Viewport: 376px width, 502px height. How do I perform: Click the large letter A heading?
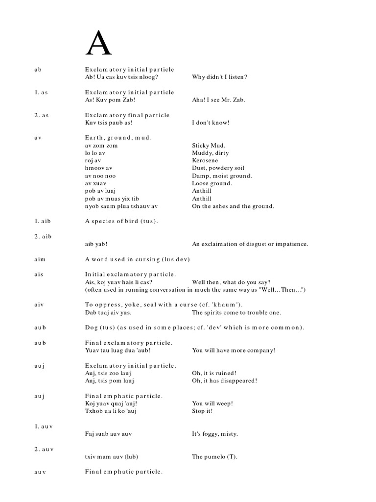tap(98, 45)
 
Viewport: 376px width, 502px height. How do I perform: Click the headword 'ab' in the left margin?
tap(38, 70)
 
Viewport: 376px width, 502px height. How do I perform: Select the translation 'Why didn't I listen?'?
tap(219, 77)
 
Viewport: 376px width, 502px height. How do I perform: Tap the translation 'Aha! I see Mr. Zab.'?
tap(219, 100)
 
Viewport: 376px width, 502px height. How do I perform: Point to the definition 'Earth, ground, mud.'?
tap(118, 138)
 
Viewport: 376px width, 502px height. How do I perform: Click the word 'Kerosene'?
tap(205, 160)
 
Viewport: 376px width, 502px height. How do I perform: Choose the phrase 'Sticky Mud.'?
tap(209, 146)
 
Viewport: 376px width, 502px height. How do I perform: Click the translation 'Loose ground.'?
tap(212, 183)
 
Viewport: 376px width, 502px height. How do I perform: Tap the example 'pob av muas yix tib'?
tap(112, 199)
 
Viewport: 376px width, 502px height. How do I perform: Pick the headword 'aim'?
tap(39, 259)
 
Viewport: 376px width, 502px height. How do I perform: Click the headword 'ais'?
tap(39, 274)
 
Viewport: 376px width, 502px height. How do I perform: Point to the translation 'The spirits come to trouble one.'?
tap(236, 312)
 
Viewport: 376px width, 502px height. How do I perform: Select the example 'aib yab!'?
tap(96, 244)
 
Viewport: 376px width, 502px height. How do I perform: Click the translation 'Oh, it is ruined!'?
tap(216, 373)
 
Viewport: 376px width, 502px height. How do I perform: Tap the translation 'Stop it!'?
tap(202, 411)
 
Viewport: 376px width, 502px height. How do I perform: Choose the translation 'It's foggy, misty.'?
tap(215, 434)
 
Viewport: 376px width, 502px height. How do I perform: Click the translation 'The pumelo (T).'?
tap(214, 457)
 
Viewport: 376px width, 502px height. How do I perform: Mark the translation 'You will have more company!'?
tap(234, 350)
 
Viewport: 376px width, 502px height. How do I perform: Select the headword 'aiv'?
tap(39, 304)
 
